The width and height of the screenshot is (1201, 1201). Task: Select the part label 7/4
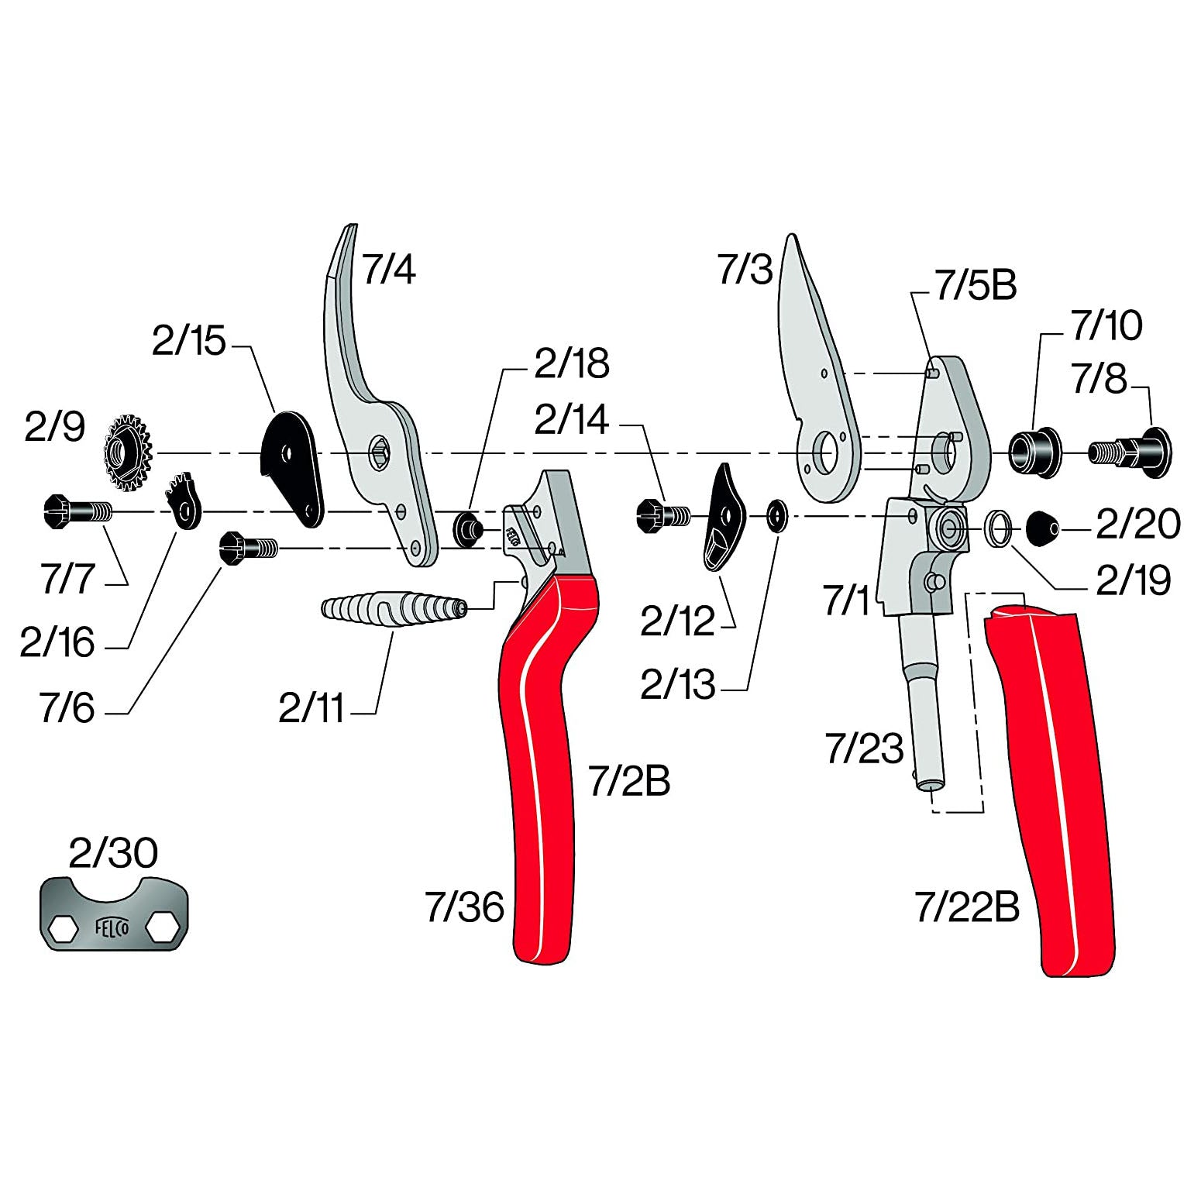click(x=389, y=269)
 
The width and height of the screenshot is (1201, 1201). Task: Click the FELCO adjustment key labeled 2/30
click(x=113, y=915)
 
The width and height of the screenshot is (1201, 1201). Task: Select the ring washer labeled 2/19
click(x=998, y=528)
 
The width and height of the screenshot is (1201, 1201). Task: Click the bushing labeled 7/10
click(x=1034, y=451)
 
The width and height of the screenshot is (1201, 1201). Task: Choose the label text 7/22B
click(x=967, y=907)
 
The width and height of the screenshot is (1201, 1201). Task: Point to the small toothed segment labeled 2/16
click(x=184, y=501)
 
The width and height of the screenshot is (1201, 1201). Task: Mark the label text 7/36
click(x=464, y=907)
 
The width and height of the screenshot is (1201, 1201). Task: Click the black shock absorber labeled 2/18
click(x=468, y=529)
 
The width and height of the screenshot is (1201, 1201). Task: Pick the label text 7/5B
click(x=976, y=285)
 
